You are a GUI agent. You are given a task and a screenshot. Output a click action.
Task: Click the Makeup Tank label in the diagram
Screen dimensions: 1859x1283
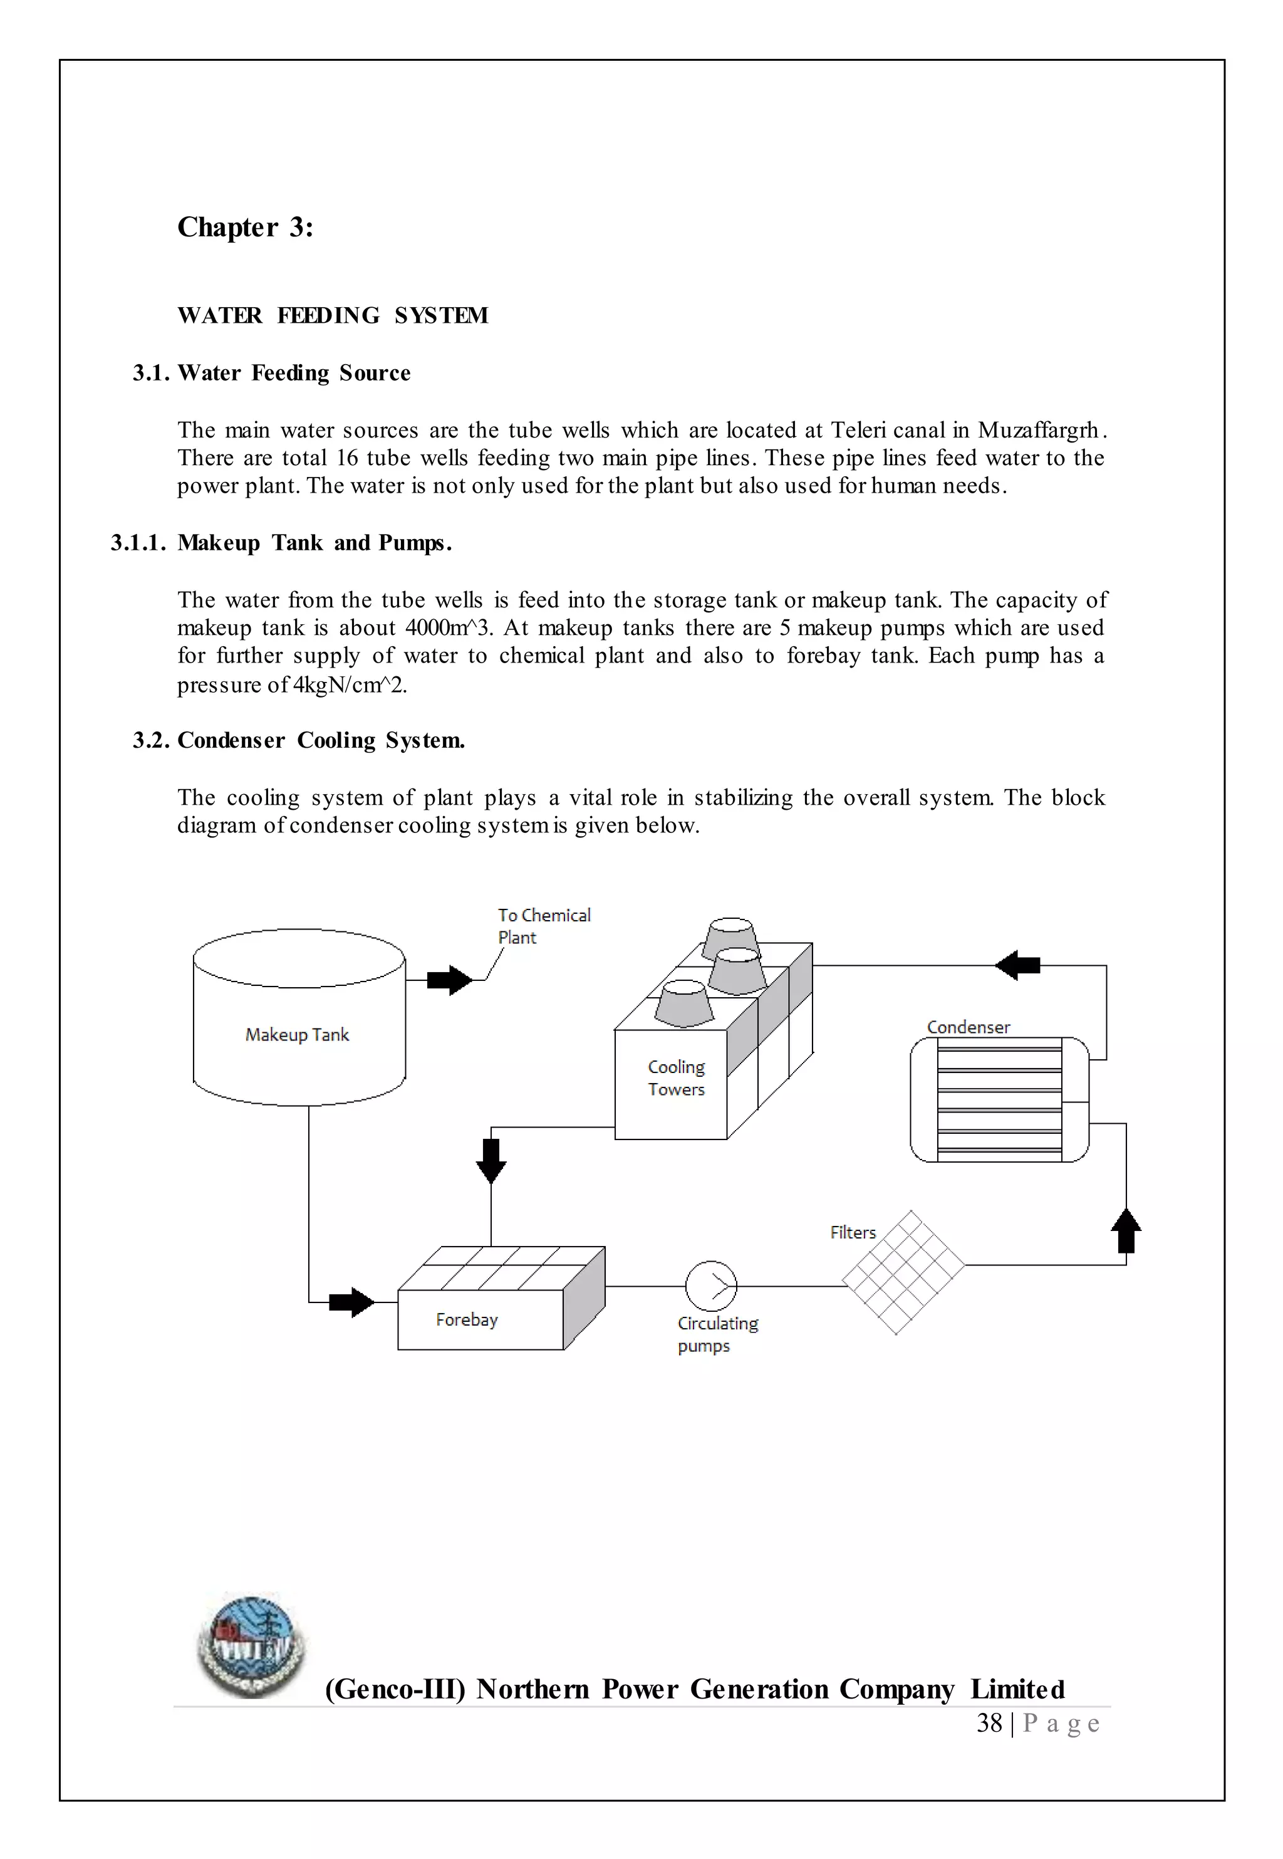pyautogui.click(x=297, y=1035)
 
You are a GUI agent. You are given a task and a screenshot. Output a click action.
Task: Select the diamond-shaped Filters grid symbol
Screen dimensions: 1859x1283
pyautogui.click(x=903, y=1272)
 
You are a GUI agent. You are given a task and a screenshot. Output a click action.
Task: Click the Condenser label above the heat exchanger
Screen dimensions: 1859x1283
pyautogui.click(x=968, y=1028)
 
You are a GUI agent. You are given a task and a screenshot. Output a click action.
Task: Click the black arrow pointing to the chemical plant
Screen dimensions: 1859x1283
pyautogui.click(x=449, y=980)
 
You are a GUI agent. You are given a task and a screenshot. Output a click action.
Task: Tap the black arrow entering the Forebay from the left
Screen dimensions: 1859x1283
pyautogui.click(x=351, y=1302)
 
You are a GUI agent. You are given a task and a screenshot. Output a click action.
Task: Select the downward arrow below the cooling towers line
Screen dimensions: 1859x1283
pyautogui.click(x=491, y=1160)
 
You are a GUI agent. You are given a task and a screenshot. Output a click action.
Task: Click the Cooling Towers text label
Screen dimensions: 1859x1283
pyautogui.click(x=676, y=1078)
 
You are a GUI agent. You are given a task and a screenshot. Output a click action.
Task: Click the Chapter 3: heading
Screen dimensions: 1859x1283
pyautogui.click(x=245, y=228)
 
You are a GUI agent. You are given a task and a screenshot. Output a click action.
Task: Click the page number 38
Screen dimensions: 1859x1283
pyautogui.click(x=989, y=1723)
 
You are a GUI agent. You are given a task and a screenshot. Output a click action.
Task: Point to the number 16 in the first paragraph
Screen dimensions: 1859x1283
pyautogui.click(x=346, y=458)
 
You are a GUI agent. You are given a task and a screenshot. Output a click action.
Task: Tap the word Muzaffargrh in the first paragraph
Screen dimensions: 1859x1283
pyautogui.click(x=1038, y=431)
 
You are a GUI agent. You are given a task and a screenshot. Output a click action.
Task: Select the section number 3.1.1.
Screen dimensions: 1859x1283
pyautogui.click(x=137, y=543)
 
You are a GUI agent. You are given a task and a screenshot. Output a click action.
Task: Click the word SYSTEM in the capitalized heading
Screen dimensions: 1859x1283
pyautogui.click(x=440, y=315)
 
